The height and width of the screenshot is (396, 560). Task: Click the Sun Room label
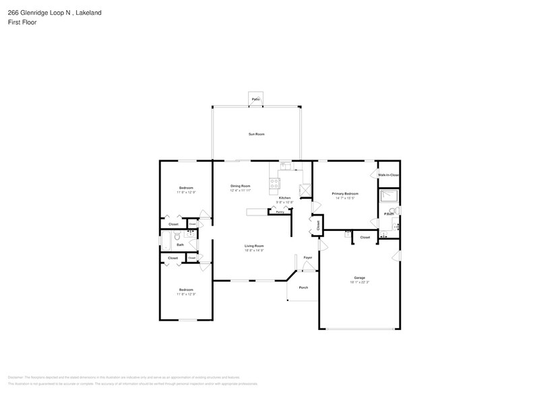pos(255,134)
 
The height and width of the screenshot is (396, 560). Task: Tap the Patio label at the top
pos(255,99)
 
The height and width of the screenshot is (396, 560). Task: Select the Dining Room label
pos(240,186)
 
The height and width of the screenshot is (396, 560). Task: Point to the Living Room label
pos(253,246)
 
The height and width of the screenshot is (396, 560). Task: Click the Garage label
pos(359,277)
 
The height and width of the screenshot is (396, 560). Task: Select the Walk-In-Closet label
pos(388,175)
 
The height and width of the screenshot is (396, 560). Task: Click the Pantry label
pos(279,211)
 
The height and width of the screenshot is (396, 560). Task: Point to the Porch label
pos(303,288)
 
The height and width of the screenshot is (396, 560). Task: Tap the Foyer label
pos(307,257)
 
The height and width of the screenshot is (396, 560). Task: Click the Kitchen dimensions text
pos(284,202)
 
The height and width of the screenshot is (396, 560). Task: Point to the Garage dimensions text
pos(359,282)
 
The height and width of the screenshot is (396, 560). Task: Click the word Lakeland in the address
pos(88,11)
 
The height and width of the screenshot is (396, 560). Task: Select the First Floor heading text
pos(23,22)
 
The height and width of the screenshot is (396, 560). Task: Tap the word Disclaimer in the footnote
pos(15,377)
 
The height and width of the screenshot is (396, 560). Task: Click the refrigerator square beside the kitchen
pos(305,191)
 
